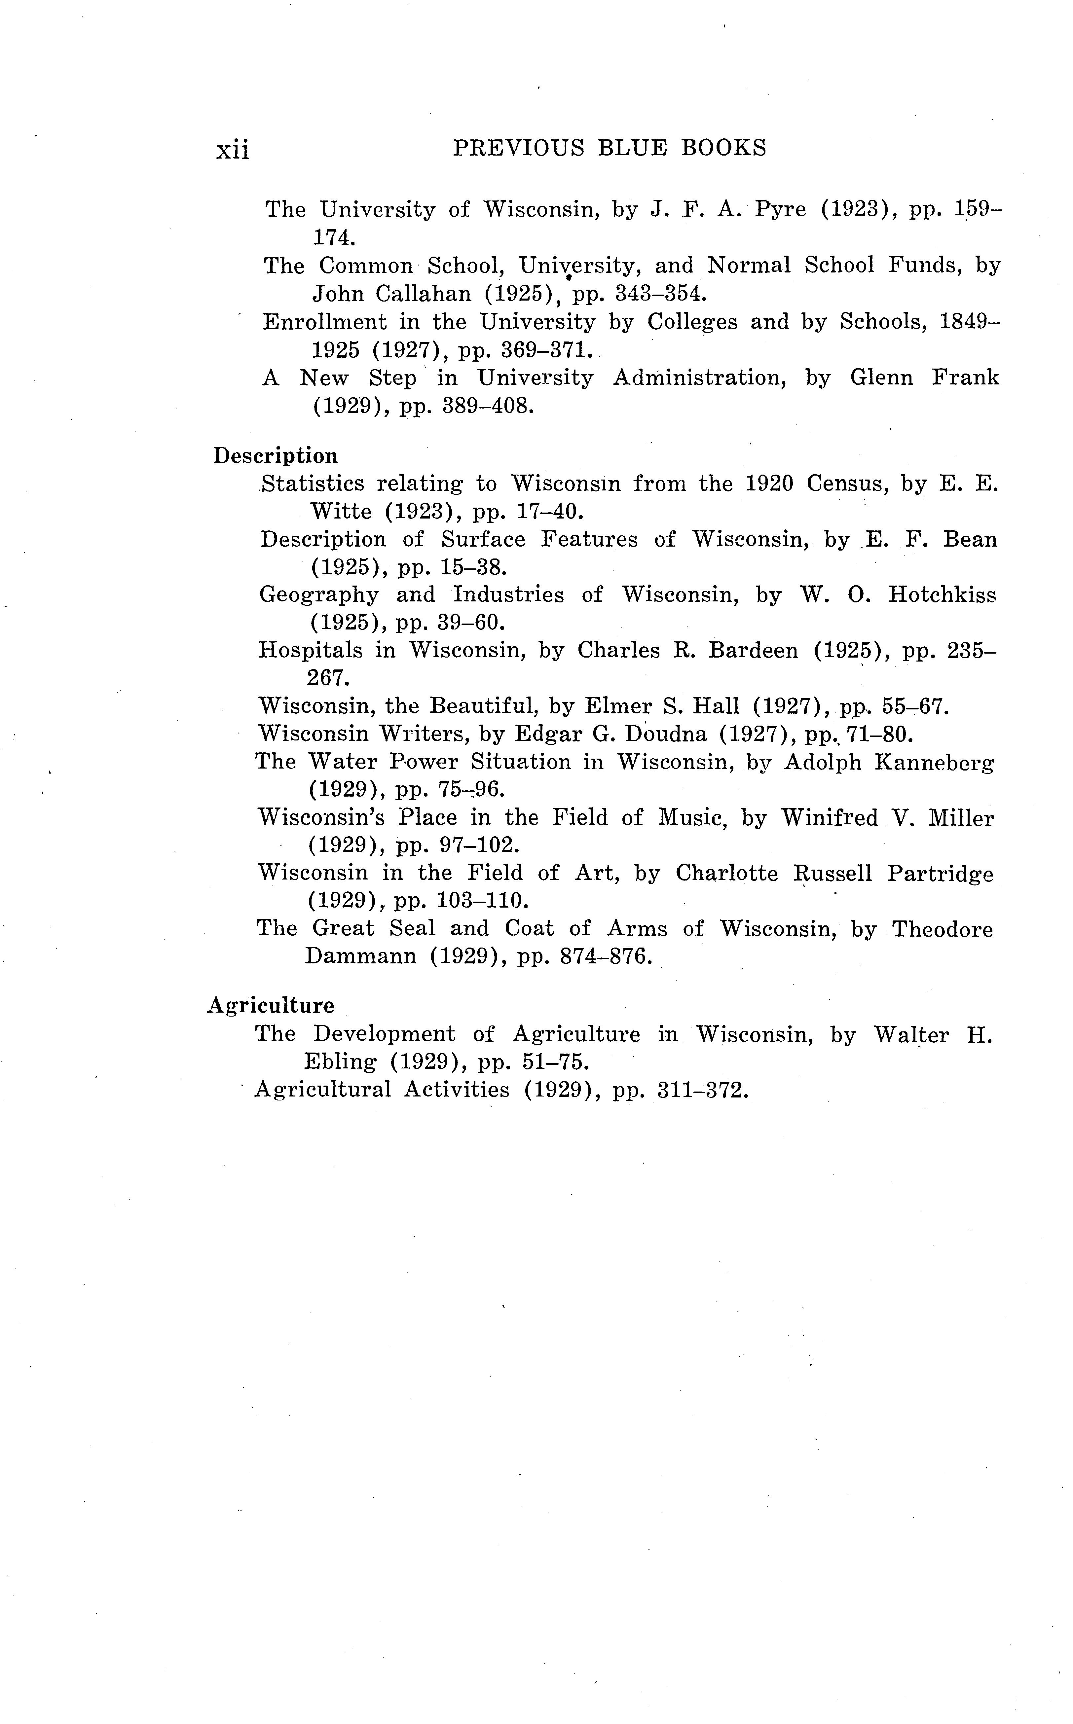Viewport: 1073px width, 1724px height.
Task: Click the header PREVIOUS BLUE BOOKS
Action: [x=610, y=148]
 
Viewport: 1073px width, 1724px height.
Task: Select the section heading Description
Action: [x=275, y=456]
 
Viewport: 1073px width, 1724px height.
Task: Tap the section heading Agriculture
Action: [x=270, y=1006]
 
